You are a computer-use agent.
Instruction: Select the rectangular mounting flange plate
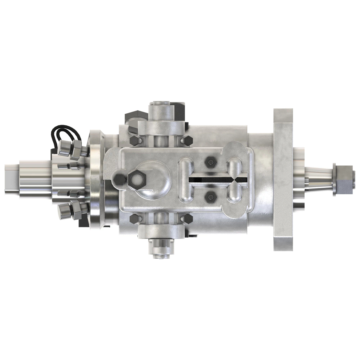click(283, 179)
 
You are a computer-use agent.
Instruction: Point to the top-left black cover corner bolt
click(134, 140)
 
